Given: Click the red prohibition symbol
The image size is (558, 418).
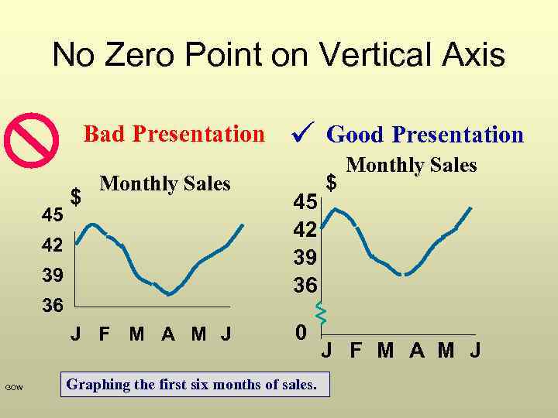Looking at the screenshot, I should [x=31, y=140].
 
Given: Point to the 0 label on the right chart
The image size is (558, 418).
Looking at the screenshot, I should [x=301, y=332].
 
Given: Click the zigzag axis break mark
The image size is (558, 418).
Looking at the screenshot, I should [x=321, y=311].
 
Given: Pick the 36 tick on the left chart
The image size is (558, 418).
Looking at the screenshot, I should [x=53, y=306].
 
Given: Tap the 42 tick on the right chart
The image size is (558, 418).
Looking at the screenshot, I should [x=305, y=230].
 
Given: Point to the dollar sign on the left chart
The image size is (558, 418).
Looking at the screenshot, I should [x=75, y=197].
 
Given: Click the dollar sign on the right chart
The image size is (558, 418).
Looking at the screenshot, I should [x=332, y=183].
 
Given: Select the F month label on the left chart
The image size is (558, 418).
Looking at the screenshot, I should [x=104, y=335].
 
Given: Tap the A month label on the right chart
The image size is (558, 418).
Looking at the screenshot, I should [x=417, y=351].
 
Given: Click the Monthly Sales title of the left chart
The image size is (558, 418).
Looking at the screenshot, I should [x=165, y=183].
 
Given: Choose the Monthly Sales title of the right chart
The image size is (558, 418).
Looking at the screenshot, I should [x=411, y=165].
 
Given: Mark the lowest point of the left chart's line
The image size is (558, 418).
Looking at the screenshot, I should [x=169, y=294].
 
